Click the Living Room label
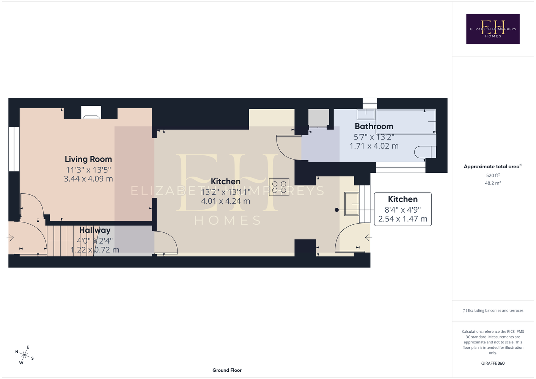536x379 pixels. [x=88, y=159]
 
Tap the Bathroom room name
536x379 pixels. [x=374, y=126]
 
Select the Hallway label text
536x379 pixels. [x=95, y=230]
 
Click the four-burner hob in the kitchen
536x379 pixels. [x=279, y=187]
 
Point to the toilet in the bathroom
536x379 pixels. [x=425, y=152]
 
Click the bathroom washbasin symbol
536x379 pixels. [x=366, y=114]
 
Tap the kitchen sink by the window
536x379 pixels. [x=352, y=204]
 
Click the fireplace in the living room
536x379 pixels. [x=91, y=113]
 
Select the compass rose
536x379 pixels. [x=24, y=355]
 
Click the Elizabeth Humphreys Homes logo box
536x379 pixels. [x=493, y=29]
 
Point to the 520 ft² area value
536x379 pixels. [x=493, y=175]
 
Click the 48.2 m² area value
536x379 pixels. [x=493, y=183]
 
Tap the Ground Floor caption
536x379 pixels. [x=227, y=370]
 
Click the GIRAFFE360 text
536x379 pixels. [x=493, y=363]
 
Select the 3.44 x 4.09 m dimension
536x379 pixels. [x=88, y=179]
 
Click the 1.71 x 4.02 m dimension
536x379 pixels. [x=374, y=146]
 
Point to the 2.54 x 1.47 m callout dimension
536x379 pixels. [x=403, y=219]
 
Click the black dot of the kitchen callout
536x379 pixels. [x=337, y=210]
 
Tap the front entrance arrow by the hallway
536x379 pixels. [x=10, y=238]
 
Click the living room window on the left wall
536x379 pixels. [x=14, y=149]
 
